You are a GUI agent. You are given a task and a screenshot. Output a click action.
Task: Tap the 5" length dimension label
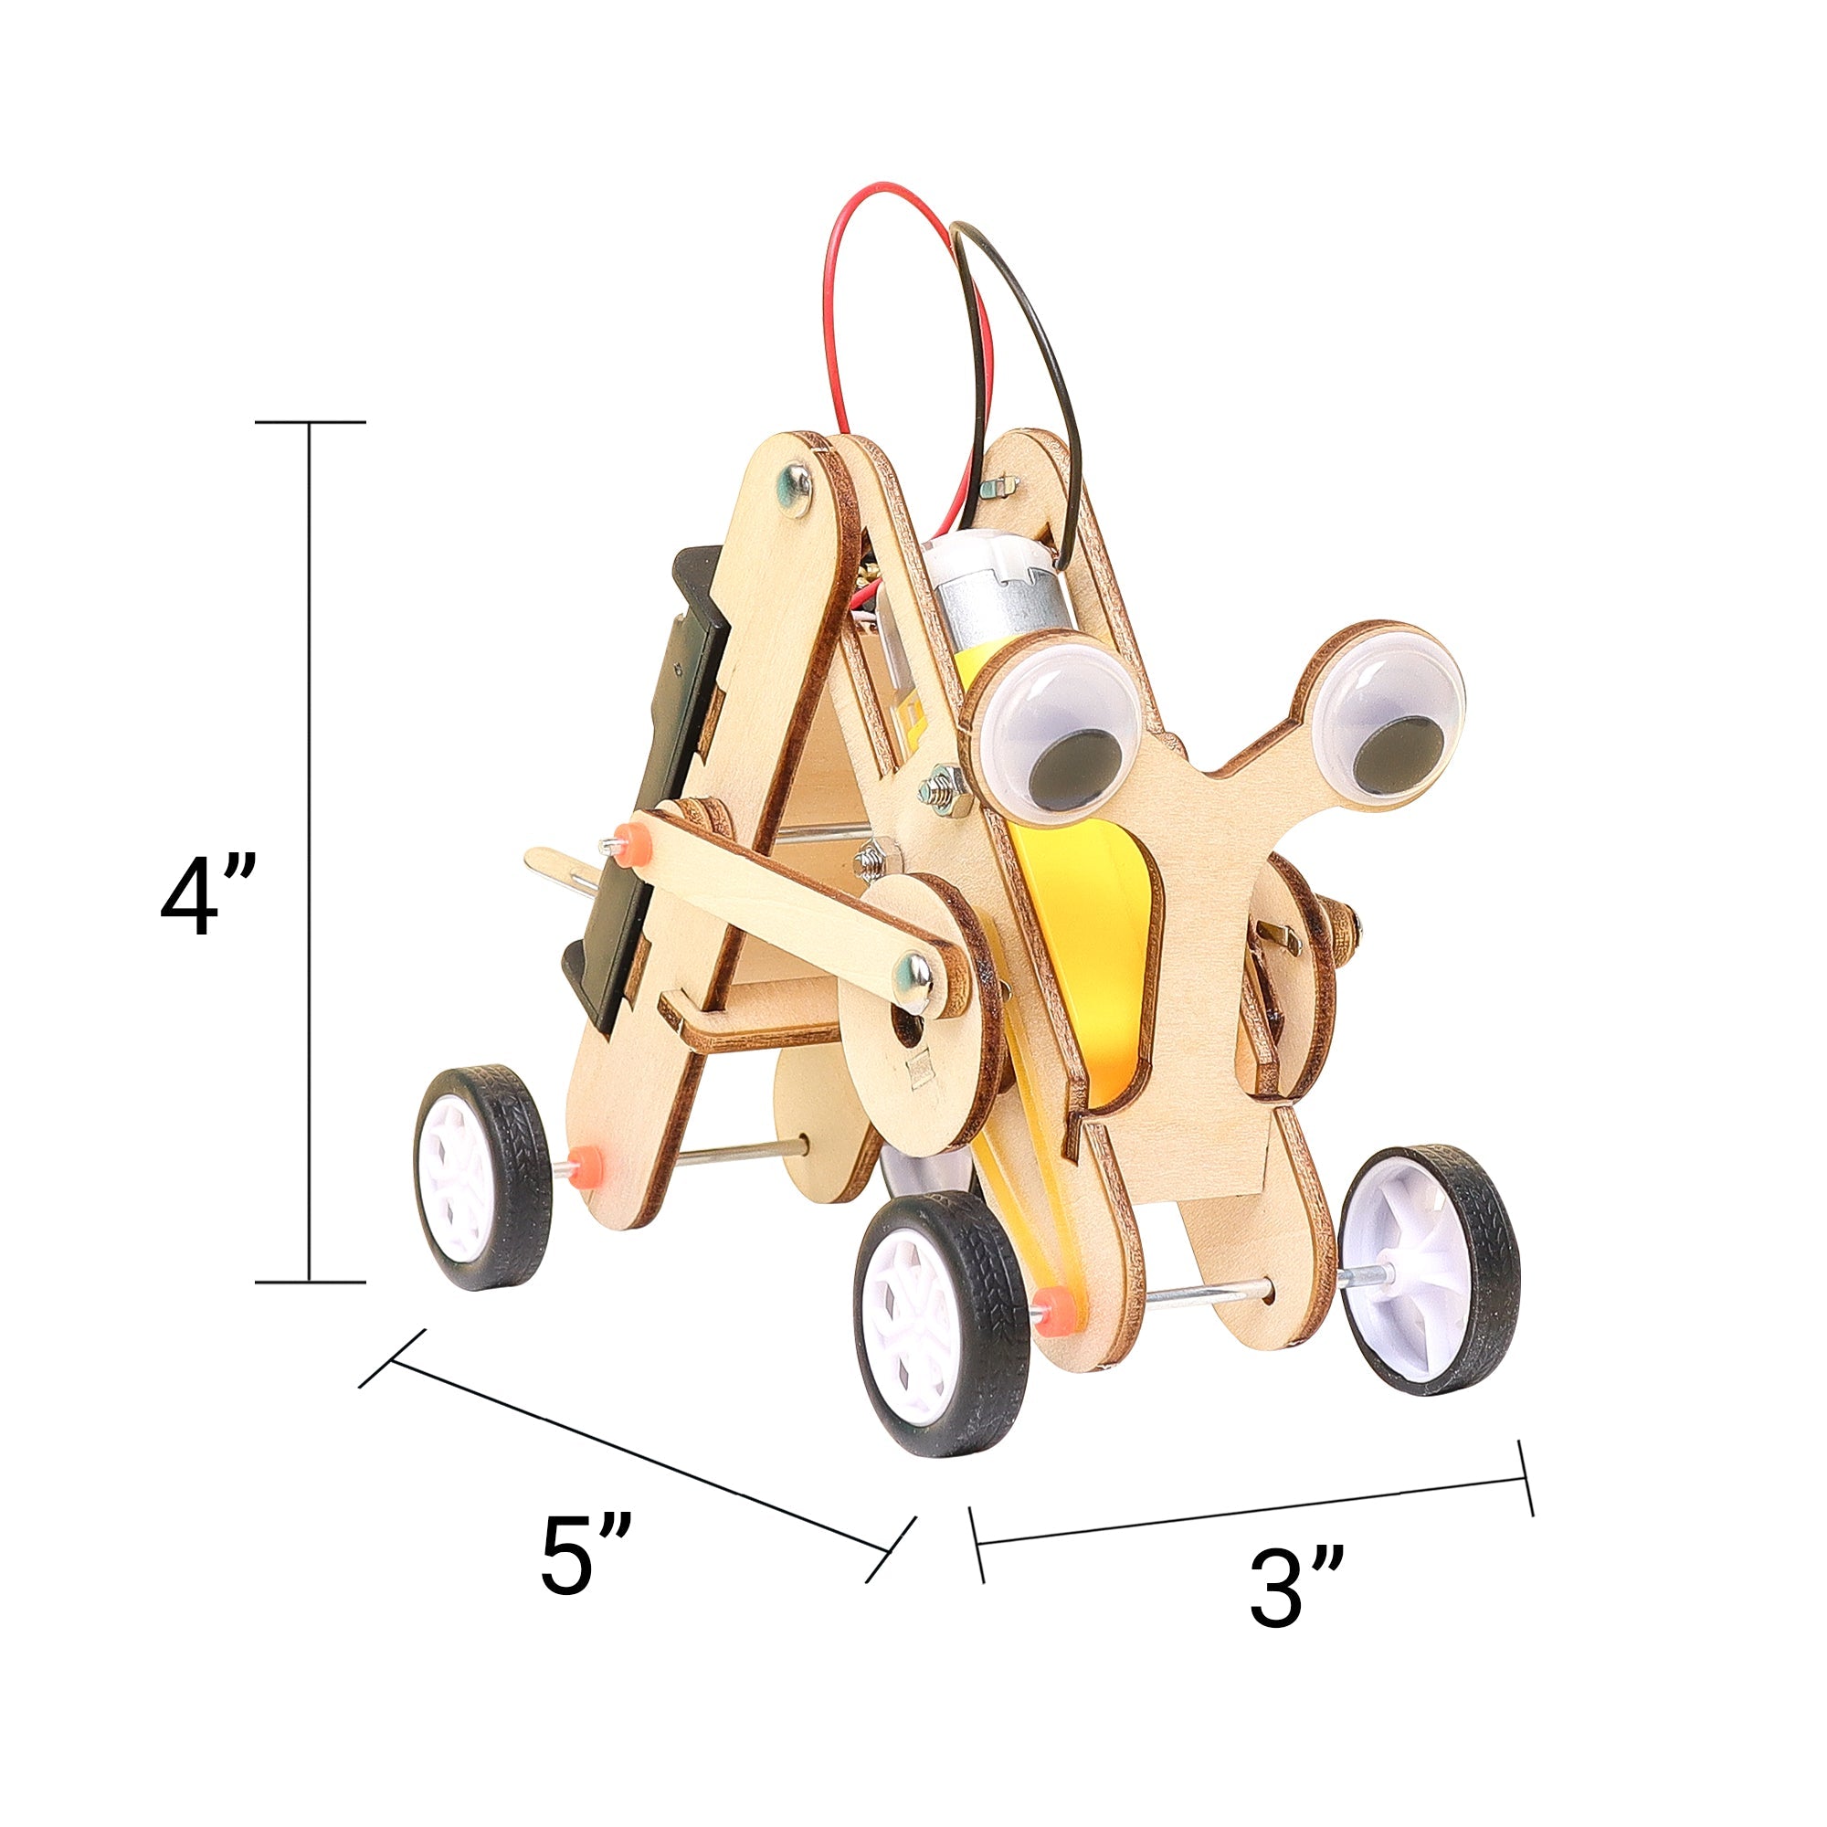pyautogui.click(x=586, y=1556)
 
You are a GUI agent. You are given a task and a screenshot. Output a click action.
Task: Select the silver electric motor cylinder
pyautogui.click(x=993, y=597)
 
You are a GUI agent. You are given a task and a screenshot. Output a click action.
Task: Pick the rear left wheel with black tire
pyautogui.click(x=483, y=1177)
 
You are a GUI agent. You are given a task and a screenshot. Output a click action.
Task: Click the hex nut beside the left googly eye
pyautogui.click(x=942, y=786)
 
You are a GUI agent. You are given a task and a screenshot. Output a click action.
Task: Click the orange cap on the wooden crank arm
pyautogui.click(x=625, y=840)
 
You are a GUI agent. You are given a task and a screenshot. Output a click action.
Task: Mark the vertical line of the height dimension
pyautogui.click(x=311, y=851)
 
